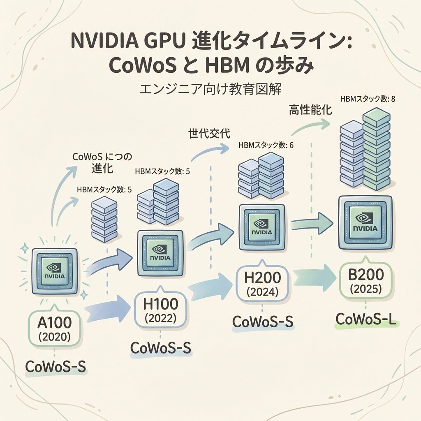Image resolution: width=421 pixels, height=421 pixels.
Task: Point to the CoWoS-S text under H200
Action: [263, 322]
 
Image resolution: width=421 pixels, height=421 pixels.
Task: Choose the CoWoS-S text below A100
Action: [56, 366]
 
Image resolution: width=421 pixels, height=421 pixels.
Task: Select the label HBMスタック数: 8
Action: [368, 99]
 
